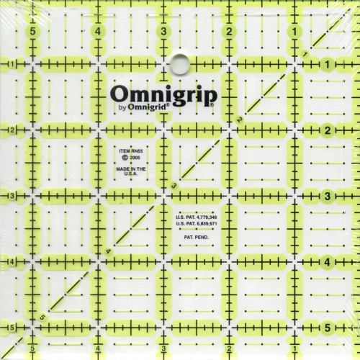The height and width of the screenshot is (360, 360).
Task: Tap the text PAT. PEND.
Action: (195, 236)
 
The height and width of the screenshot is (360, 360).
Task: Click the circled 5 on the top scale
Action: (32, 32)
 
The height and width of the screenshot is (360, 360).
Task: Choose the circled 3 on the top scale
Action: (165, 32)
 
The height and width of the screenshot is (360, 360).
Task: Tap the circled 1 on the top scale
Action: (295, 32)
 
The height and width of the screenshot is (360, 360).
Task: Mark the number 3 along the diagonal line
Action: (174, 186)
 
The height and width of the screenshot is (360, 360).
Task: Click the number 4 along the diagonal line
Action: (108, 251)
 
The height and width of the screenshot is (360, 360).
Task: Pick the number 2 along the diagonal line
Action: (239, 120)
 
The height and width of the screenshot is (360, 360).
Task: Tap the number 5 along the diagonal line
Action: (42, 318)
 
